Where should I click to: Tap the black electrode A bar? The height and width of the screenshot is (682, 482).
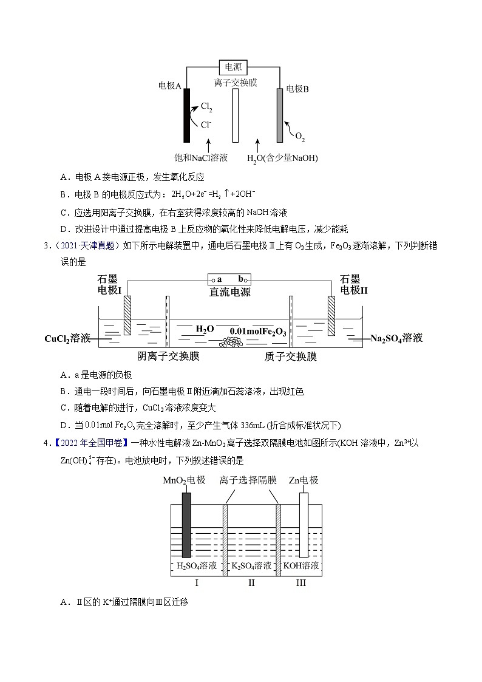(x=187, y=115)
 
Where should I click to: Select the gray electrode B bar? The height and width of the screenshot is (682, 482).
(x=280, y=115)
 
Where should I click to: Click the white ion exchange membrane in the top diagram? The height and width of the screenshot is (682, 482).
(x=236, y=115)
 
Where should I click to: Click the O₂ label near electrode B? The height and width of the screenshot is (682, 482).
(x=300, y=137)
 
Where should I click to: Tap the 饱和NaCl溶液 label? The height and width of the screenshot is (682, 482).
(x=201, y=158)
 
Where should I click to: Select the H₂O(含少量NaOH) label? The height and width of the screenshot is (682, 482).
(x=282, y=158)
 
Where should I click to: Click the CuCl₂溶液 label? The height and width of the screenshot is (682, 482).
(x=67, y=338)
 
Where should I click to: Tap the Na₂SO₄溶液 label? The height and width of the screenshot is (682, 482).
(x=396, y=338)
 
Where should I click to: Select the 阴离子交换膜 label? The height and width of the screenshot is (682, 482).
(x=169, y=356)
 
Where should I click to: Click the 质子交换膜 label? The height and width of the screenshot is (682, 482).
(x=291, y=356)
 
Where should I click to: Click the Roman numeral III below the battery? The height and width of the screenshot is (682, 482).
(x=301, y=584)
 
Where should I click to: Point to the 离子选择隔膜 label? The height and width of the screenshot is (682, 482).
(x=248, y=480)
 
